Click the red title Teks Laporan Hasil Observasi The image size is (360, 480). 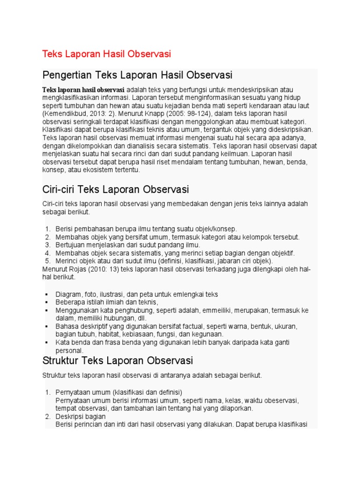pyautogui.click(x=107, y=54)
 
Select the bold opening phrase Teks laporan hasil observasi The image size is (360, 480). pyautogui.click(x=83, y=90)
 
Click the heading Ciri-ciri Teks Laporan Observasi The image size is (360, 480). pyautogui.click(x=115, y=190)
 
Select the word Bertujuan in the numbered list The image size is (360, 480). pyautogui.click(x=71, y=245)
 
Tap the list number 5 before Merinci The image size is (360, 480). pyautogui.click(x=48, y=261)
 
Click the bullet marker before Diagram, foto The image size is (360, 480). pyautogui.click(x=47, y=294)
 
